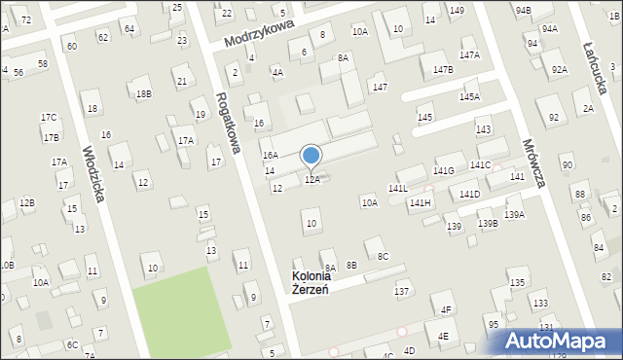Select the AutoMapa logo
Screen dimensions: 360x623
[561, 342]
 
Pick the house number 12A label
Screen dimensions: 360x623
[312, 180]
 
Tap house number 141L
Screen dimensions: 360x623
[398, 188]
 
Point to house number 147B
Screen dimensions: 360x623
[443, 70]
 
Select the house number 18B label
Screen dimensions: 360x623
[144, 93]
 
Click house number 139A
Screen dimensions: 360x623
[514, 214]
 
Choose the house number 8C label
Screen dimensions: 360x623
[384, 257]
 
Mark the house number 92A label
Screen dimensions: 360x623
[559, 69]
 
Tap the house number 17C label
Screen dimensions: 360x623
[49, 118]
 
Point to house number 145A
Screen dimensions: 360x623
[470, 97]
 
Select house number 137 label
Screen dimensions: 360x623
[401, 292]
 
